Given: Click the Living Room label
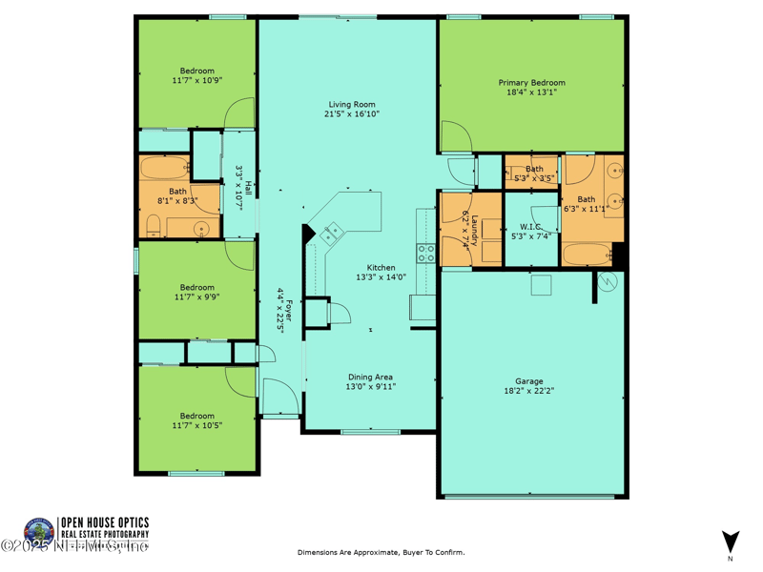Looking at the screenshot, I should tap(352, 104).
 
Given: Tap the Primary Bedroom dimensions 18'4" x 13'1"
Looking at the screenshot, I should tap(532, 92).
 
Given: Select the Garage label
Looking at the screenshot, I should tap(530, 380).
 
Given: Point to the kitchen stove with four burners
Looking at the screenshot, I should tap(426, 254).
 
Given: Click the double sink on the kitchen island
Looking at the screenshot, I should tap(334, 231).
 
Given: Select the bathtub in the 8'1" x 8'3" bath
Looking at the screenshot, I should tap(165, 169).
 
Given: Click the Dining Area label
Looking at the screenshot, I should tap(370, 377).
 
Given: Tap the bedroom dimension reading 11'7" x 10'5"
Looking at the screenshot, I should tap(197, 425).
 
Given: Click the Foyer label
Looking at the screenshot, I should tap(289, 312).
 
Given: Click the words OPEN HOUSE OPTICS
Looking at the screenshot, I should tap(105, 521).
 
